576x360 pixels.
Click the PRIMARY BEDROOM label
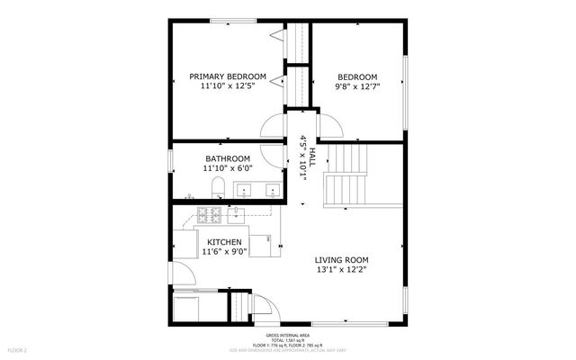pyautogui.click(x=227, y=76)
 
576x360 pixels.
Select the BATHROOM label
pyautogui.click(x=227, y=158)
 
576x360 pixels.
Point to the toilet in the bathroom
pyautogui.click(x=218, y=188)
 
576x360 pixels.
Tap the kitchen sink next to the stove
pyautogui.click(x=236, y=214)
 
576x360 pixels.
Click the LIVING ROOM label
pyautogui.click(x=341, y=260)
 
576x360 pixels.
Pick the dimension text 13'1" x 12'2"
pyautogui.click(x=341, y=271)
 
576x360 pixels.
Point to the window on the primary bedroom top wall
pyautogui.click(x=230, y=21)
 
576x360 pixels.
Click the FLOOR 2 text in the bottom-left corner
pyautogui.click(x=18, y=348)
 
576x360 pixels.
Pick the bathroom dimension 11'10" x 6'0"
pyautogui.click(x=227, y=168)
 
